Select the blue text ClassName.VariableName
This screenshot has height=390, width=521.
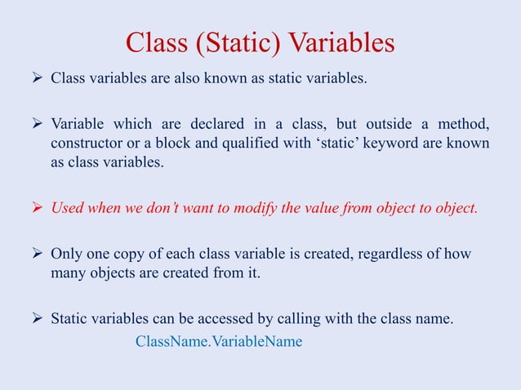click(x=218, y=340)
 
